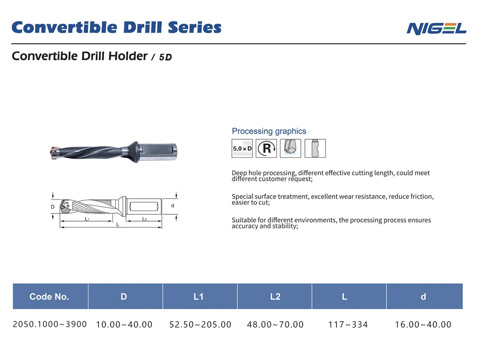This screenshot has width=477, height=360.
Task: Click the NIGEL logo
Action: coord(436,29)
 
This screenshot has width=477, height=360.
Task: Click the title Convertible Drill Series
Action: coord(116,27)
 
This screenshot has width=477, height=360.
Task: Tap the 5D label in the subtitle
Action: coord(165,57)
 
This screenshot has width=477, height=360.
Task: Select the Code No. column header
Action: coord(49,297)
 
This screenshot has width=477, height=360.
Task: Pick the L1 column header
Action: coord(199,297)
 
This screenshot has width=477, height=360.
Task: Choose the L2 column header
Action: coord(275,297)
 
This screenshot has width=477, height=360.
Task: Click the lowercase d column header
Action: coord(423,297)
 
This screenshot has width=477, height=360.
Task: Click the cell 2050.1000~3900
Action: coord(50,324)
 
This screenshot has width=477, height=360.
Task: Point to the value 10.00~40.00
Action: coord(124,324)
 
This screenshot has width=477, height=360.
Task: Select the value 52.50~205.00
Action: coord(200,324)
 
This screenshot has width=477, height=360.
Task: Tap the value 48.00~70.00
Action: coord(275,324)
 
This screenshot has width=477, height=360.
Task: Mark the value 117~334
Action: coord(348,324)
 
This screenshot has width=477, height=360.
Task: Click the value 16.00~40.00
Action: coord(423,324)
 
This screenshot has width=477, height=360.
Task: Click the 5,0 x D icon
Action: coord(242,148)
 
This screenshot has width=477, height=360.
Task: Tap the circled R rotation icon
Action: coord(266,148)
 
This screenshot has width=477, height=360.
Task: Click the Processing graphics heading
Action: coord(269,131)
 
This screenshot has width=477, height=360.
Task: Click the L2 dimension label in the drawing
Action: coord(144,219)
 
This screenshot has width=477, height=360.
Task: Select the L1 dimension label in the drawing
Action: coord(87,219)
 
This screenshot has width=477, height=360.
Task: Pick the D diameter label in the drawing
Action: coord(52,207)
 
